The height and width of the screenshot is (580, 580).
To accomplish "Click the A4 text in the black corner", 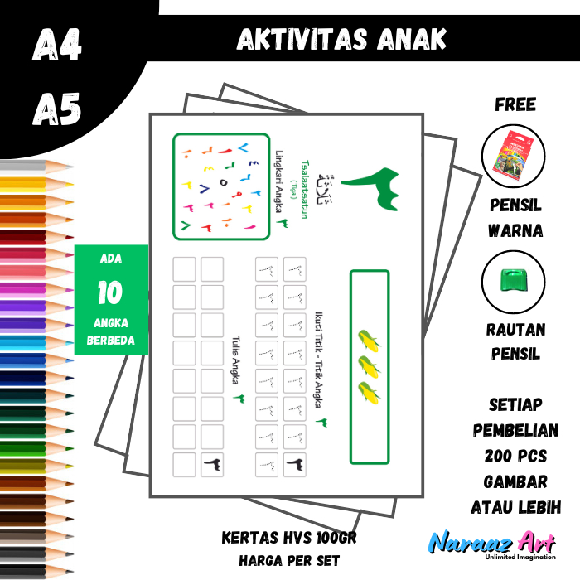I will click(57, 46).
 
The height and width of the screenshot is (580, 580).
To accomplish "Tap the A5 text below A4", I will click(57, 108).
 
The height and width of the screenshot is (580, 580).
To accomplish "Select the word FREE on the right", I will click(515, 105).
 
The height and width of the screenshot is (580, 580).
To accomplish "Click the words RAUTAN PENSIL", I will click(515, 342).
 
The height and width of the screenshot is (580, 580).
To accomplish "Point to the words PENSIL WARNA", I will click(515, 218).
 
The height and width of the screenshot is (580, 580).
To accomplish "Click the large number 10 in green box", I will click(111, 292).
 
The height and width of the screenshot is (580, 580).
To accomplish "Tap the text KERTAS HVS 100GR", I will click(289, 538).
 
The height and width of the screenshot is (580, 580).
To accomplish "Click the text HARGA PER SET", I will click(289, 560).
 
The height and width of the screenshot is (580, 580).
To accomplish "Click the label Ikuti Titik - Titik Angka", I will click(318, 360).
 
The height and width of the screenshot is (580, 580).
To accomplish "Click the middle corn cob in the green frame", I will click(369, 365).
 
